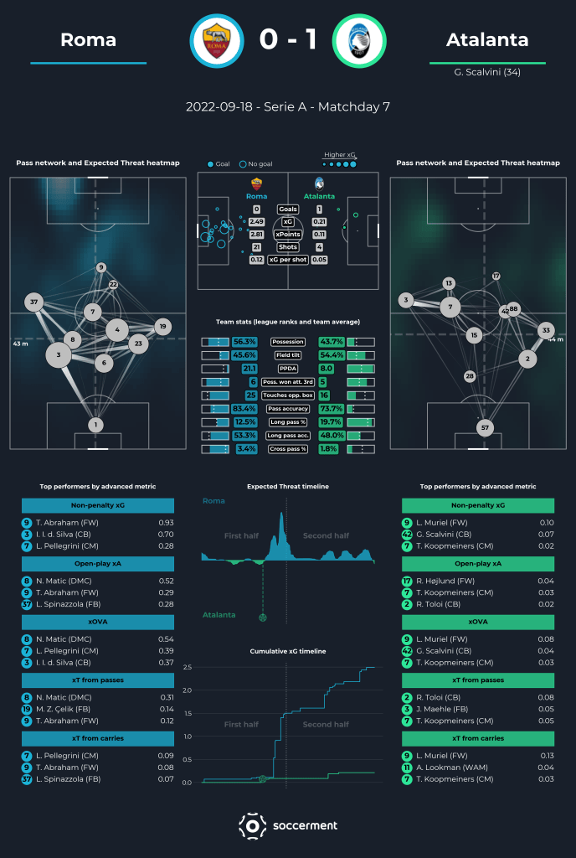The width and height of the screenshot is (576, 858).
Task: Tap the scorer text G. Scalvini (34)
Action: point(486,72)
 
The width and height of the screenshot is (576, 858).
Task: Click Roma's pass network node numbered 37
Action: point(34,302)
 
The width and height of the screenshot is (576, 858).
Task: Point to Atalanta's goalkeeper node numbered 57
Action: point(483,427)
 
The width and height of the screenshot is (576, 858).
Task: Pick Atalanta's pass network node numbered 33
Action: point(546,331)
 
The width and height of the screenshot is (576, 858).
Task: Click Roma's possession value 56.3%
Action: point(244,342)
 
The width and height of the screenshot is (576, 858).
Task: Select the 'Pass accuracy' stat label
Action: point(288,408)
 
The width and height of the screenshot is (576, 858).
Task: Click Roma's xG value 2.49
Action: point(256,221)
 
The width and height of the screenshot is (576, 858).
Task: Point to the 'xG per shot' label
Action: point(288,260)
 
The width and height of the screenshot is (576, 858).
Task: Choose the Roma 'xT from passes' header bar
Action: point(97,680)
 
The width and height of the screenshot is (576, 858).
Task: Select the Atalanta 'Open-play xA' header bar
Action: point(477,564)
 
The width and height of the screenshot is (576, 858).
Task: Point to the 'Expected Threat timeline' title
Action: point(288,486)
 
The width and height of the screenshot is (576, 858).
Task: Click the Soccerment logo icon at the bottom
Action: point(252,825)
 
